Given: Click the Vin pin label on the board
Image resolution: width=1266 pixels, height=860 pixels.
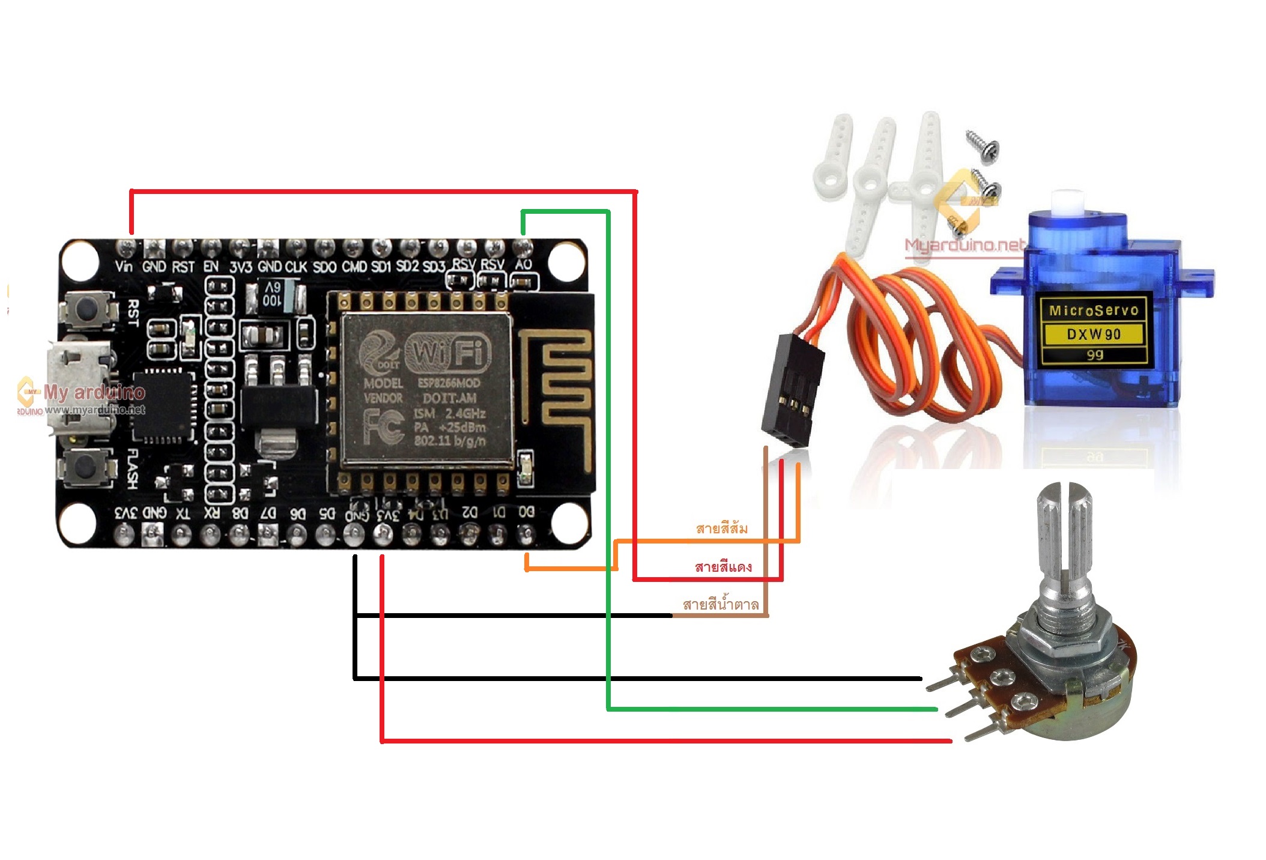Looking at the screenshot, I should point(124,266).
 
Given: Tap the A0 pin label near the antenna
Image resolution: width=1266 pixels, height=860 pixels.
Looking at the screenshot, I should point(523,264).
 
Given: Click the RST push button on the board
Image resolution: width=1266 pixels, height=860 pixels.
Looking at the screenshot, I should point(88,310).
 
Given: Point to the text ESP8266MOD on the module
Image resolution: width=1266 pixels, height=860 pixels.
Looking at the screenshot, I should point(449,383).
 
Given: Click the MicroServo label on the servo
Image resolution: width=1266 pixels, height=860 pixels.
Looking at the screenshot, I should point(1093,310).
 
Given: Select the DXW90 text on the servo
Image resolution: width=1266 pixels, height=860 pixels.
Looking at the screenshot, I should point(1093,334).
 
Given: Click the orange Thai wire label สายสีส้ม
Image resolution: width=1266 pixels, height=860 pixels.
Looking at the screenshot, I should point(722,528).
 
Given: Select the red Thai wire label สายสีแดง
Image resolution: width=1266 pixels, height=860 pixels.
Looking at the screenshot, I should point(723,567).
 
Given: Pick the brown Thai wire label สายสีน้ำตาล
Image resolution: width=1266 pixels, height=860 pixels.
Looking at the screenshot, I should point(721,604).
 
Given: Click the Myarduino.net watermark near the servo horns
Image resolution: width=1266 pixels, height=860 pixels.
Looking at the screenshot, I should point(964,245).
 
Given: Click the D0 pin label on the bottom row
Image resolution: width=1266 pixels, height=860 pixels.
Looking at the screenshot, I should point(527,512).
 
